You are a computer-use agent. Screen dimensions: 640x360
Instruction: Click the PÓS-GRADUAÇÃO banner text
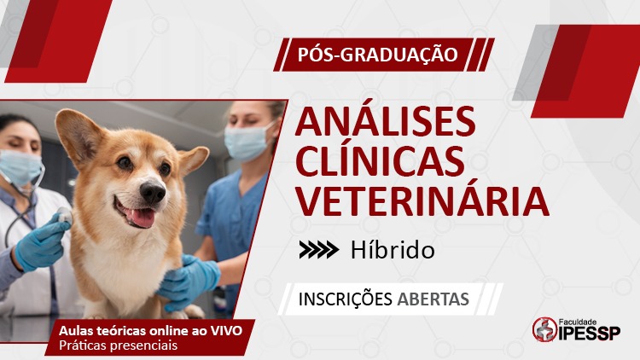tap(377, 55)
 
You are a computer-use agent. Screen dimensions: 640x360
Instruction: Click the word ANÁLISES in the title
tap(386, 121)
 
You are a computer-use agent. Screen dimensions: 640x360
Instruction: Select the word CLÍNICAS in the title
tap(380, 160)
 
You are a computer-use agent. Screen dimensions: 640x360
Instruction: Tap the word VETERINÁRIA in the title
tap(422, 200)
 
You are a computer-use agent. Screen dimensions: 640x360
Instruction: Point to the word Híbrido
tap(393, 250)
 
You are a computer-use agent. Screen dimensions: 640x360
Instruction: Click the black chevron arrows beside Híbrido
tap(318, 250)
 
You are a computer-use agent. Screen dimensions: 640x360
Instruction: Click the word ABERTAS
tap(433, 299)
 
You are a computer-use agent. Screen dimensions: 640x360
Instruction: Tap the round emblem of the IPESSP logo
tap(544, 329)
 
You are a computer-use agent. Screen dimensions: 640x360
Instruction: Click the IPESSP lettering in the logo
tap(589, 333)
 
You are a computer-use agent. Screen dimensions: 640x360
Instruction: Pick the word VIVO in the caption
tap(226, 330)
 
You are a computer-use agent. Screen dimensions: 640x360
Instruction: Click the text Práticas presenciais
tap(119, 345)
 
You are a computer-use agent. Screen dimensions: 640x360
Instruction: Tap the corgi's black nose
tap(153, 191)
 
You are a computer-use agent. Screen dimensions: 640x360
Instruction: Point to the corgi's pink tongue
tap(142, 218)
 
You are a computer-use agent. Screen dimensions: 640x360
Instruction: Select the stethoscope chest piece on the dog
tap(65, 216)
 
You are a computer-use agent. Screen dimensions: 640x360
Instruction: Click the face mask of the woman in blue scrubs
tap(246, 141)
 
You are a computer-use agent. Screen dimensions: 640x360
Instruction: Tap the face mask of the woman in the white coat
tap(20, 167)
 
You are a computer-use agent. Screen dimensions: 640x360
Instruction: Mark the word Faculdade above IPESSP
tap(577, 322)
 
